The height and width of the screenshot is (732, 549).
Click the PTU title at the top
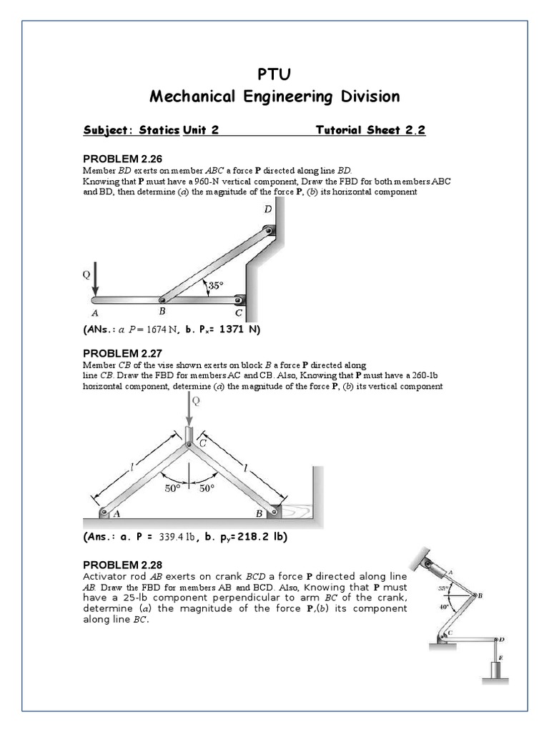[x=274, y=74]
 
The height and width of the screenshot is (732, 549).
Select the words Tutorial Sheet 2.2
[x=370, y=130]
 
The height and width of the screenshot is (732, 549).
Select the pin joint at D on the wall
[x=268, y=230]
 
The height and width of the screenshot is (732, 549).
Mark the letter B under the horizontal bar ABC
[x=162, y=312]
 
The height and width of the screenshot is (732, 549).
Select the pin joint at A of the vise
[x=104, y=512]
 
